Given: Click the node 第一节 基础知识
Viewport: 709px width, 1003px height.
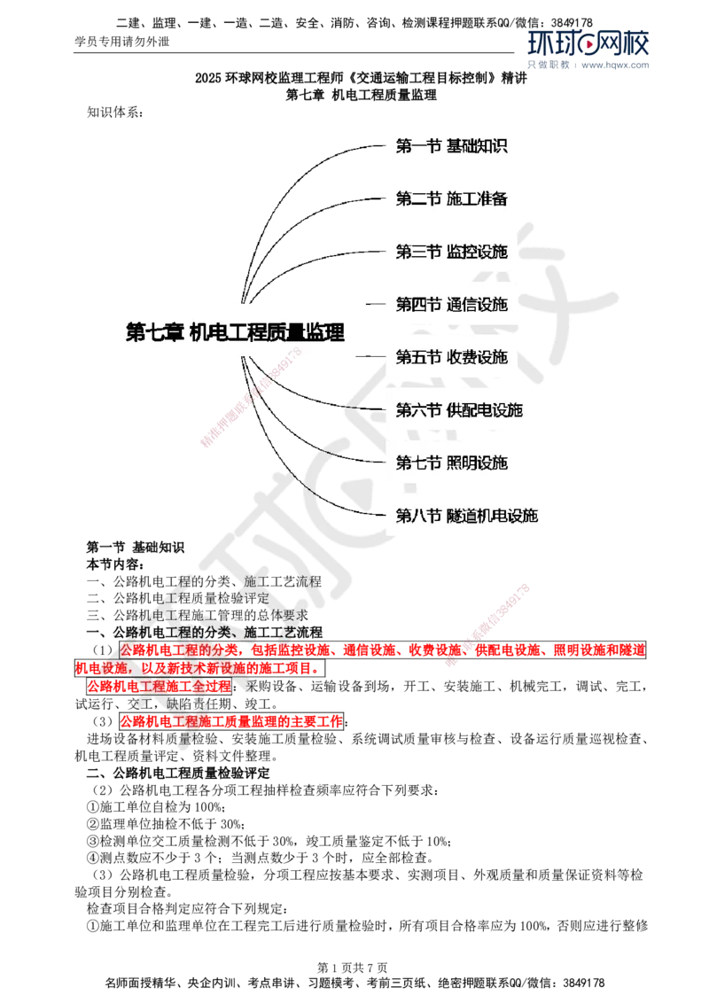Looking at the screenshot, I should click(452, 146).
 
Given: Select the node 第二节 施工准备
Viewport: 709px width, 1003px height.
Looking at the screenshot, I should click(452, 198).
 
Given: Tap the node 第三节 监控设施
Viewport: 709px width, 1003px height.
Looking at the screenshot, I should click(452, 252).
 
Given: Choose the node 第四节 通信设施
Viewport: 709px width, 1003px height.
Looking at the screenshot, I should click(452, 305).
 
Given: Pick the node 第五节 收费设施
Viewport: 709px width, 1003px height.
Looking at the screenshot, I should click(452, 357).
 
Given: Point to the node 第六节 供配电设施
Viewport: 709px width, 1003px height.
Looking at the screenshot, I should click(459, 409).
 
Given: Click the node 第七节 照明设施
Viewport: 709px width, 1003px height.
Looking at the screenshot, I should click(452, 463).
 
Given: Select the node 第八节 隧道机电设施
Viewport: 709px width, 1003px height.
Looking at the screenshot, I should click(467, 515).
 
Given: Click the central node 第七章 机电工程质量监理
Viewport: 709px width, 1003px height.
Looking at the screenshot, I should click(235, 331).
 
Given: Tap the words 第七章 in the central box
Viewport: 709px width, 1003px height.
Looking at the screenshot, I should click(154, 331).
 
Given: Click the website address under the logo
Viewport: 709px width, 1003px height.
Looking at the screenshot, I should click(617, 66).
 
